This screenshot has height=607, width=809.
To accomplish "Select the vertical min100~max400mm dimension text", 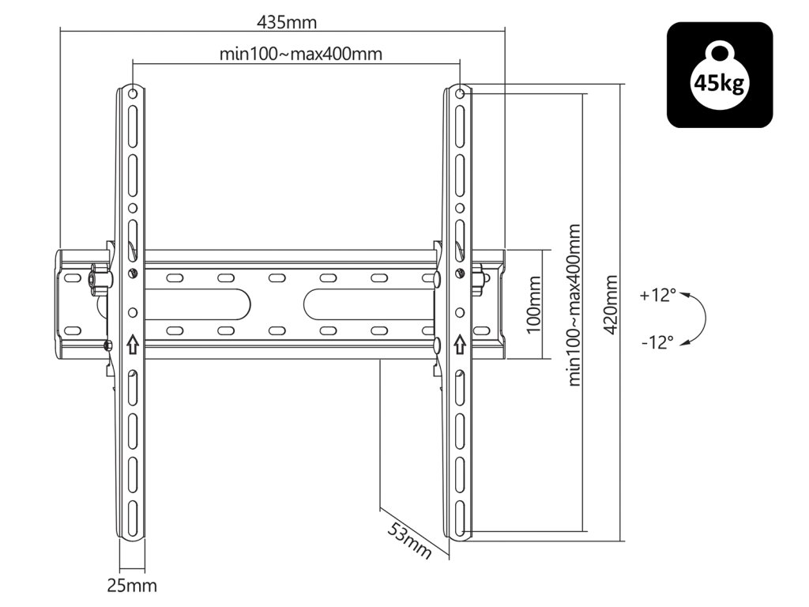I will pos(575,305).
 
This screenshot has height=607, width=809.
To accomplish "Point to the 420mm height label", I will pos(610,305).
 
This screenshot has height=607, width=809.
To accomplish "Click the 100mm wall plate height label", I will pos(534,304).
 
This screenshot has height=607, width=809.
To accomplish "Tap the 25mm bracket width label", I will pos(132,586).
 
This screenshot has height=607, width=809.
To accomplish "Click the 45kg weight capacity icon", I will pos(720,75).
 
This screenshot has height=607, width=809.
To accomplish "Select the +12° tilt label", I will pos(658,296).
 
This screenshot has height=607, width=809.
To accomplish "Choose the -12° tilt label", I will pos(658,342).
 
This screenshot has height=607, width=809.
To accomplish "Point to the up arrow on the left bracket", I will pos(132,344).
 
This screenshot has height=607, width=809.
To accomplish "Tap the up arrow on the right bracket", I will pos(460,344).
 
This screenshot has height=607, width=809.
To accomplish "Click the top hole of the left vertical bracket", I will pos(132,93).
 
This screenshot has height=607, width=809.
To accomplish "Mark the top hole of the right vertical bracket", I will pos(460,93).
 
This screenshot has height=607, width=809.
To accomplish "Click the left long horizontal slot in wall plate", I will pos(198,302).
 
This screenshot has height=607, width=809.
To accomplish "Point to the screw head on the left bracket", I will pos(132,274).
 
